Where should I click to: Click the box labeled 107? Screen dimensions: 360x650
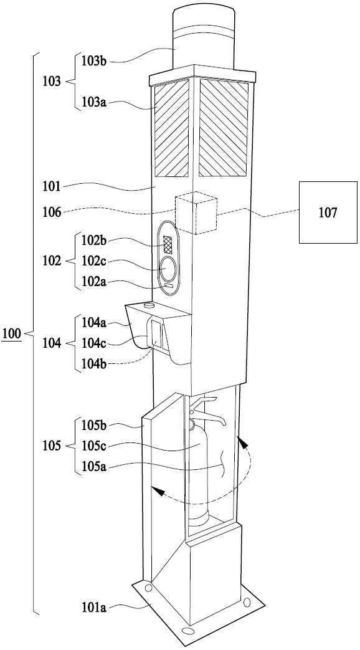point(328,213)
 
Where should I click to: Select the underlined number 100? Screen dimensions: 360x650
point(12,333)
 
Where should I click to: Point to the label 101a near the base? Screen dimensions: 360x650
point(93,608)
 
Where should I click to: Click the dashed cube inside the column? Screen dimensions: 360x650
point(196,213)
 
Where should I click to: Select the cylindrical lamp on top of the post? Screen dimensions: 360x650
point(204,38)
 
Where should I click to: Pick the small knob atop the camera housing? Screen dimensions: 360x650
point(148,305)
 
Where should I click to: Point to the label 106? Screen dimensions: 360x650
point(52,213)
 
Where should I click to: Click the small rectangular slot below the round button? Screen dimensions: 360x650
point(169,285)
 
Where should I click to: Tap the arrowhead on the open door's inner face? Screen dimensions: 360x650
point(156,491)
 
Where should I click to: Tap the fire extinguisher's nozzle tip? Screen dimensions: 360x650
point(224,423)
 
